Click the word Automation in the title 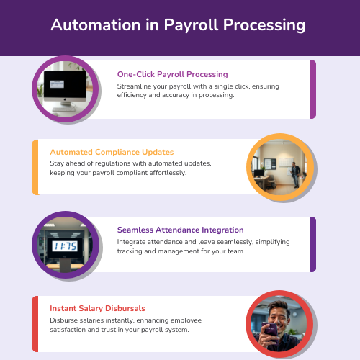point(96,24)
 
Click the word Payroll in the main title point(192,26)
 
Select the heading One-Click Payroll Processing point(172,74)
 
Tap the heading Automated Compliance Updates point(112,152)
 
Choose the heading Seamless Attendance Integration point(180,230)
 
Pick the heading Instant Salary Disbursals point(97,308)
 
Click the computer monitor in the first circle point(65,87)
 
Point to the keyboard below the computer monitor point(64,109)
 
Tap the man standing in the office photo point(295,175)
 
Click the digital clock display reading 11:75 point(65,246)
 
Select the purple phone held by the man point(271,332)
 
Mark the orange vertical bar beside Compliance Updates point(35,167)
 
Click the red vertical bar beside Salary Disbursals point(35,324)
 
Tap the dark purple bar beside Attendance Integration point(312,244)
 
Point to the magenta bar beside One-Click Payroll point(313,89)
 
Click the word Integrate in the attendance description point(131,242)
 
